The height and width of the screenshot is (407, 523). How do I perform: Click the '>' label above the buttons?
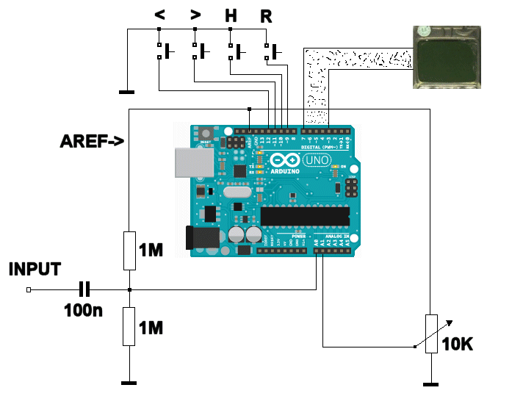[195, 15]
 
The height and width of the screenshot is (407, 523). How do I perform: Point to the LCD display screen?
[444, 60]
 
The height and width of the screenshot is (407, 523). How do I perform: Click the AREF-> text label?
[92, 142]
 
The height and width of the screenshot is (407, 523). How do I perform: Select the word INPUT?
[35, 269]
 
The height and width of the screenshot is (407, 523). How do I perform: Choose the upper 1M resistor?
[129, 250]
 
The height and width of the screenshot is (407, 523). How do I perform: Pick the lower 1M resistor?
[129, 326]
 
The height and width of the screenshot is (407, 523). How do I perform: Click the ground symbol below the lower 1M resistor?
[129, 382]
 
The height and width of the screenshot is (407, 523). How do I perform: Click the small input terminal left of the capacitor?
[28, 290]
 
